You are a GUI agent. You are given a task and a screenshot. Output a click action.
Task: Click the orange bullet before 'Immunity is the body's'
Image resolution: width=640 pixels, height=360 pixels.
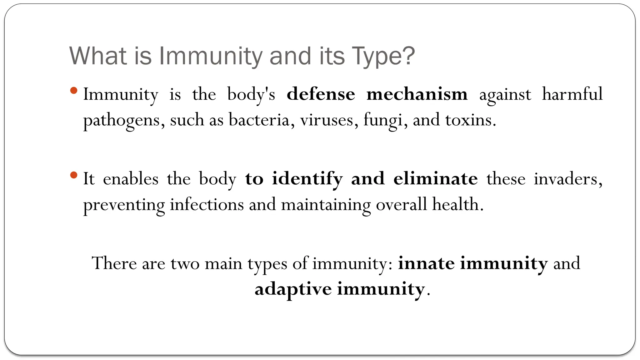(74, 91)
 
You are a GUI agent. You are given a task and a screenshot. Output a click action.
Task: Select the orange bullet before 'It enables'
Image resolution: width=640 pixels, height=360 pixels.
(74, 175)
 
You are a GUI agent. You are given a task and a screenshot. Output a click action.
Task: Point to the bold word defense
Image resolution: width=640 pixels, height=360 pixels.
(321, 94)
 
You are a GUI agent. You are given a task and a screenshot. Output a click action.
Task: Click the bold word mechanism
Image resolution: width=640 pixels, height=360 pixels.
(417, 94)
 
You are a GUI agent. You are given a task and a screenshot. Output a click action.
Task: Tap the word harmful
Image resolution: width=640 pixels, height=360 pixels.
(572, 94)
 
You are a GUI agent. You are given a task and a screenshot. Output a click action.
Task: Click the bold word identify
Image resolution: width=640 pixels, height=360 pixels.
(307, 179)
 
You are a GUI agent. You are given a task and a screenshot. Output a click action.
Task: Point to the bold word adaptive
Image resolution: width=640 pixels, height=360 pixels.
(293, 289)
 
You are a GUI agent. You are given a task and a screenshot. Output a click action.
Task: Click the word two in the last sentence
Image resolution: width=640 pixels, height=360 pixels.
(185, 263)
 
